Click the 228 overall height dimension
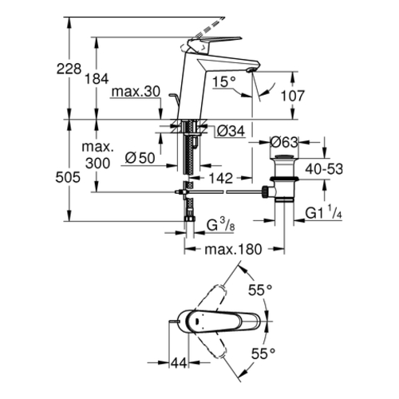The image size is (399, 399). click(69, 69)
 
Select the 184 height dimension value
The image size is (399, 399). click(97, 79)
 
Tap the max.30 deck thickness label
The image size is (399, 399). click(136, 92)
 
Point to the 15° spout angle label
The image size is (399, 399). click(224, 81)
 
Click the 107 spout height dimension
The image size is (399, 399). click(293, 96)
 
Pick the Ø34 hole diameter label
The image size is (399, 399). click(231, 131)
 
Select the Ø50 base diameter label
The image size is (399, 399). click(140, 158)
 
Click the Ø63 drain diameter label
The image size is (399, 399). click(284, 142)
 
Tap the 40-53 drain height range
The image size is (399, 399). click(324, 169)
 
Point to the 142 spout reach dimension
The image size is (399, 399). click(221, 178)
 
